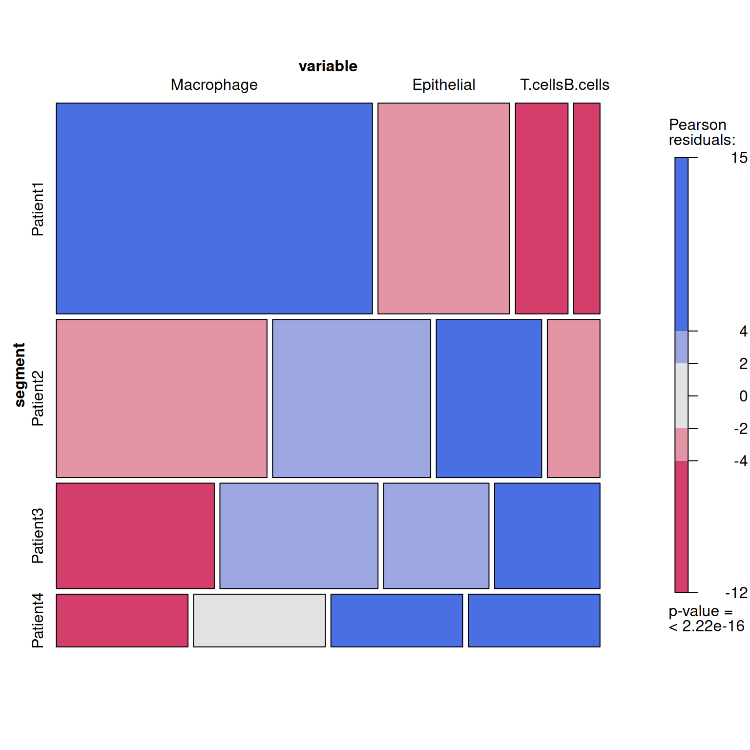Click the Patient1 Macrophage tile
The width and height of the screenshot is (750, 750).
214,208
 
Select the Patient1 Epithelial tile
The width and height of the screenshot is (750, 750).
443,208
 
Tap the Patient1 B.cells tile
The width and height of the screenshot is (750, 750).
586,208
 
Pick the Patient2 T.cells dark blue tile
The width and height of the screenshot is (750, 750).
489,398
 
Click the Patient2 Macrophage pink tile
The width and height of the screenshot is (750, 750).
161,398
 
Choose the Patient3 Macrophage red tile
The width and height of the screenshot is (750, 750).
135,536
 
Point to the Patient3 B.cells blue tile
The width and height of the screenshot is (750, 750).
547,536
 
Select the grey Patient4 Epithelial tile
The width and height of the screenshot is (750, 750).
259,620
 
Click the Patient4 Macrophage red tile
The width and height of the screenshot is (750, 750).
122,620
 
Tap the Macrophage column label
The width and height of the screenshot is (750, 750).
214,85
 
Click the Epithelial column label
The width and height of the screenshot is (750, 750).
443,85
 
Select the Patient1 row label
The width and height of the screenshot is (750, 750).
38,209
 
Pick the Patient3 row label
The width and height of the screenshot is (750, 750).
38,536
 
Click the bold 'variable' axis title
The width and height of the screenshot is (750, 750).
328,66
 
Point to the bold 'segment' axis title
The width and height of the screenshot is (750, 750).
20,375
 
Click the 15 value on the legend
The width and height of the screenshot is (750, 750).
739,158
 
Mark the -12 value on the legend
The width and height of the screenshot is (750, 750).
736,593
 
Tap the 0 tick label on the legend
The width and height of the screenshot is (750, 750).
743,396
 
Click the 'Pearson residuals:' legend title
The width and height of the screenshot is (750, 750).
702,132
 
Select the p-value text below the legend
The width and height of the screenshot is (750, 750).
706,619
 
